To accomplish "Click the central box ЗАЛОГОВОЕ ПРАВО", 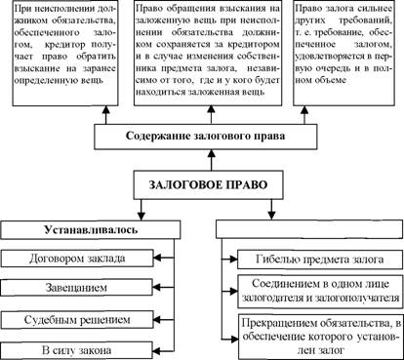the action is [208, 184].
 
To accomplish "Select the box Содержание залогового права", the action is [206, 137].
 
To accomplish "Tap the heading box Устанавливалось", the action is [91, 230].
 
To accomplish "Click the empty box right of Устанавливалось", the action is [310, 229].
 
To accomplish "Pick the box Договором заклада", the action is [77, 259].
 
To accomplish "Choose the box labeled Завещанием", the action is [76, 288].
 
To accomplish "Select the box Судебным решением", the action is [77, 319].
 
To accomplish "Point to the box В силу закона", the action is [76, 350].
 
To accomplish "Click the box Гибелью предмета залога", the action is [320, 260].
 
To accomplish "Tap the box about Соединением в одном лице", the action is [320, 291].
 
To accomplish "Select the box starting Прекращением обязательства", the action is [321, 337].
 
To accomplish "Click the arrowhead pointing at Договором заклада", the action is [157, 259].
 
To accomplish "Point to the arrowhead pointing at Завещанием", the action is [157, 288].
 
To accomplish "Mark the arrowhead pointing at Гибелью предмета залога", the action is [234, 260].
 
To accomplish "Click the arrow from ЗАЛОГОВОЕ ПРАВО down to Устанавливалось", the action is [141, 210].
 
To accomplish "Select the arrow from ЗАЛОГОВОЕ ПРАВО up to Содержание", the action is [212, 160].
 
